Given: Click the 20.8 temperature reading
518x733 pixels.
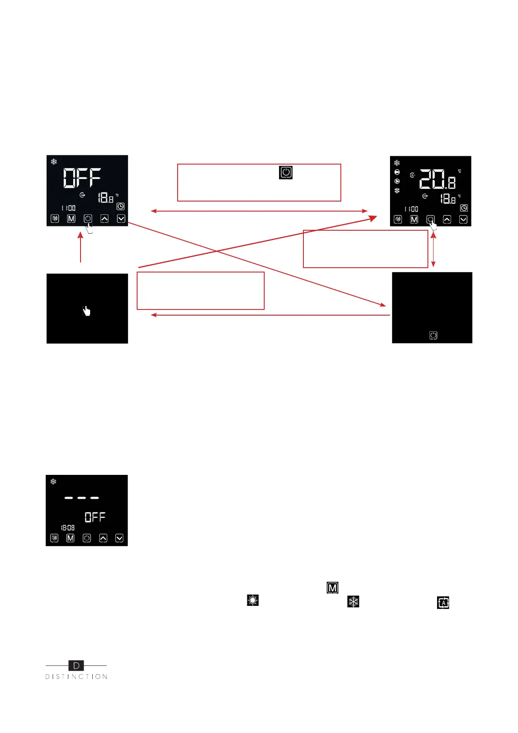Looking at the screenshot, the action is tap(437, 179).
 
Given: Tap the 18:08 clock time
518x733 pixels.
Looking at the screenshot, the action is tap(67, 528).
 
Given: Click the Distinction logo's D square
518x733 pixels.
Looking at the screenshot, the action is tap(76, 666).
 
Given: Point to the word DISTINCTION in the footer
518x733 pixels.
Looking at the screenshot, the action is tap(76, 677).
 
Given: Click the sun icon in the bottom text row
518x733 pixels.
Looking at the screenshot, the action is tap(252, 600).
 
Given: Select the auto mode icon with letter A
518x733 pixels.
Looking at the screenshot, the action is tap(443, 602).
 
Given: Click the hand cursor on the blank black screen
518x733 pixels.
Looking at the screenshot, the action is tap(87, 310).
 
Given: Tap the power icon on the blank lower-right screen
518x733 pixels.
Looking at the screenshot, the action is tap(433, 335).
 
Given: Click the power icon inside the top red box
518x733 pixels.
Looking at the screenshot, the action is tap(286, 172).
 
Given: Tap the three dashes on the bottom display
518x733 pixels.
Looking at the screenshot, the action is tap(81, 498).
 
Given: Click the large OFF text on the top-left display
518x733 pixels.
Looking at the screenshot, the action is tap(82, 178).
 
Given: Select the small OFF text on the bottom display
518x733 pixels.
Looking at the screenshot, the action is tap(95, 517).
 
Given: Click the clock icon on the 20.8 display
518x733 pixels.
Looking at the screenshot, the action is tap(464, 208).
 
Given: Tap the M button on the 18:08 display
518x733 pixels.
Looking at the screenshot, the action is tap(70, 538).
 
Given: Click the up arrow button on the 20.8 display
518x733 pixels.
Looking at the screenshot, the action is tap(447, 219).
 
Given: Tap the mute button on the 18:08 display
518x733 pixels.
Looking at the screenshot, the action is tap(54, 538).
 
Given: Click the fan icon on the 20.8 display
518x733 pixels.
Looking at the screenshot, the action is tap(397, 191).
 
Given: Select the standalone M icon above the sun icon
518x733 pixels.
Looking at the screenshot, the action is tap(333, 588).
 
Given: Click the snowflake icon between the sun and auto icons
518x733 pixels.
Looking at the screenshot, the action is tap(353, 602).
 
